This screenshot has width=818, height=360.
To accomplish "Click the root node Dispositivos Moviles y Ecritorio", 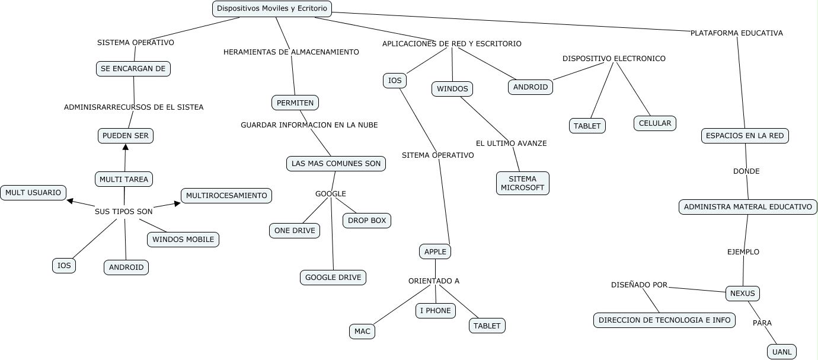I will pyautogui.click(x=272, y=8).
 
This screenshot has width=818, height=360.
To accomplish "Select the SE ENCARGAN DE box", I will pyautogui.click(x=133, y=69).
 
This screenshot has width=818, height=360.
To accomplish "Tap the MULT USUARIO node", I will pyautogui.click(x=33, y=193).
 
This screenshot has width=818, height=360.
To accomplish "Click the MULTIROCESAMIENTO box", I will pyautogui.click(x=226, y=196).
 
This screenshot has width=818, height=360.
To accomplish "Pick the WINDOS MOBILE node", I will pyautogui.click(x=183, y=240).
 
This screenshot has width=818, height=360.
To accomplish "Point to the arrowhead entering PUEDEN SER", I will pyautogui.click(x=126, y=146).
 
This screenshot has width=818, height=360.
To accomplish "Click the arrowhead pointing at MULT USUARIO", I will pyautogui.click(x=70, y=201).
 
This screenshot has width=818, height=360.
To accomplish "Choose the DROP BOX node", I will pyautogui.click(x=367, y=221).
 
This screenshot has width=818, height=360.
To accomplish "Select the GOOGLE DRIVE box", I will pyautogui.click(x=333, y=277).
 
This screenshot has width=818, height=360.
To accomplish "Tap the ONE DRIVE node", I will pyautogui.click(x=295, y=231).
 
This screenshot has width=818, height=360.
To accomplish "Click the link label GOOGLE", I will pyautogui.click(x=330, y=194).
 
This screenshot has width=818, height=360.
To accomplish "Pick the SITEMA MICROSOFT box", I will pyautogui.click(x=522, y=183).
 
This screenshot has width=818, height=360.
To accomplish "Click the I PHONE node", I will pyautogui.click(x=436, y=311).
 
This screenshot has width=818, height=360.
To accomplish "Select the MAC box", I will pyautogui.click(x=362, y=332).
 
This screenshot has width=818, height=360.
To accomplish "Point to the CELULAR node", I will pyautogui.click(x=654, y=123).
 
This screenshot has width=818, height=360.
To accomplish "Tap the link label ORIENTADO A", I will pyautogui.click(x=434, y=281).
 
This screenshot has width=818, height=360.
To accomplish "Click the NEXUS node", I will pyautogui.click(x=742, y=294).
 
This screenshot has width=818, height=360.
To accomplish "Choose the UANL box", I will pyautogui.click(x=782, y=352).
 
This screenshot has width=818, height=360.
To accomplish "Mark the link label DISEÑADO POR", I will pyautogui.click(x=640, y=285).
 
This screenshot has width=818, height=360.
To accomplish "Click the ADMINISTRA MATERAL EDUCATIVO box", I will pyautogui.click(x=747, y=207).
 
